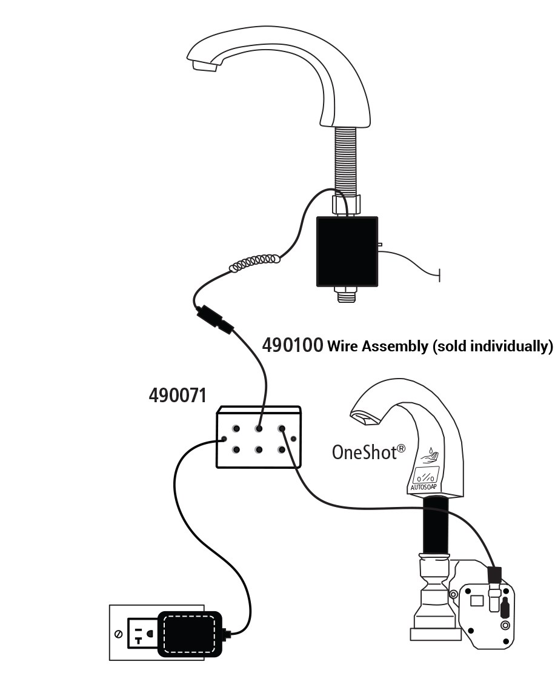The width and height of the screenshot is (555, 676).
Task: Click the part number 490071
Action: click(178, 396)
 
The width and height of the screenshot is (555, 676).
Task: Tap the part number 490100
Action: click(292, 345)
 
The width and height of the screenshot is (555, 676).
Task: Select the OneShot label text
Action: click(364, 451)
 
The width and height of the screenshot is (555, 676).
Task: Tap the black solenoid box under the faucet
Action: click(347, 251)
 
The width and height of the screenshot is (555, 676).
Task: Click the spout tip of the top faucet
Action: click(202, 65)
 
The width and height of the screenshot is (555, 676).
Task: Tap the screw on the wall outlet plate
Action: click(119, 634)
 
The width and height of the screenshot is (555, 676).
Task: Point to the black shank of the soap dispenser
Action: click(434, 525)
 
